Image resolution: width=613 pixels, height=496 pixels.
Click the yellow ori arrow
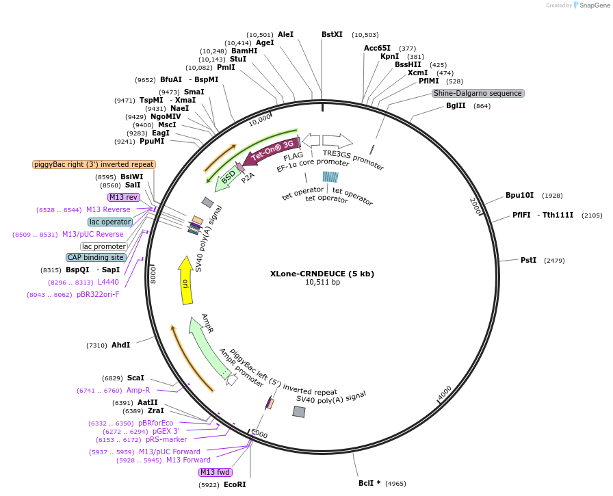pyautogui.click(x=185, y=280)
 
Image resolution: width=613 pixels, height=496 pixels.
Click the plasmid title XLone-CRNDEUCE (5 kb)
pyautogui.click(x=322, y=274)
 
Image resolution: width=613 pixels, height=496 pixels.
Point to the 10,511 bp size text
pyautogui.click(x=322, y=282)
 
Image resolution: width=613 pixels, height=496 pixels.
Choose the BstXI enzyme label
pyautogui.click(x=332, y=34)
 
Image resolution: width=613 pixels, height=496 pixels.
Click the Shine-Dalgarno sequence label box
pyautogui.click(x=478, y=93)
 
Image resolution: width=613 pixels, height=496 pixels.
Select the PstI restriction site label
pyautogui.click(x=528, y=260)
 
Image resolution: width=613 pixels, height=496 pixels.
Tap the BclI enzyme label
pyautogui.click(x=369, y=483)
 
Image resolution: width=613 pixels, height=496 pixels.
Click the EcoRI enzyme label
pyautogui.click(x=235, y=484)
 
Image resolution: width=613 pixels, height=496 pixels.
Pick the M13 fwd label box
pyautogui.click(x=216, y=472)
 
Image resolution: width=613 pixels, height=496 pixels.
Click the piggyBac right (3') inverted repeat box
pyautogui.click(x=94, y=164)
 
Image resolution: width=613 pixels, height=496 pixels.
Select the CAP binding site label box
pyautogui.click(x=96, y=257)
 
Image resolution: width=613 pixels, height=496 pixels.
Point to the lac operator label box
pyautogui.click(x=109, y=222)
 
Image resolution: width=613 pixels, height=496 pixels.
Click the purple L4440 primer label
pyautogui.click(x=108, y=282)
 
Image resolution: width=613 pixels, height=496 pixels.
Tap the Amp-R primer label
pyautogui.click(x=138, y=390)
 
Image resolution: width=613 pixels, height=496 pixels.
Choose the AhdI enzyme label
pyautogui.click(x=120, y=345)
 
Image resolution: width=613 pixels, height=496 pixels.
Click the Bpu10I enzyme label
pyautogui.click(x=520, y=195)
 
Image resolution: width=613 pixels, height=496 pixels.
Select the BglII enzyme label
pyautogui.click(x=456, y=105)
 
